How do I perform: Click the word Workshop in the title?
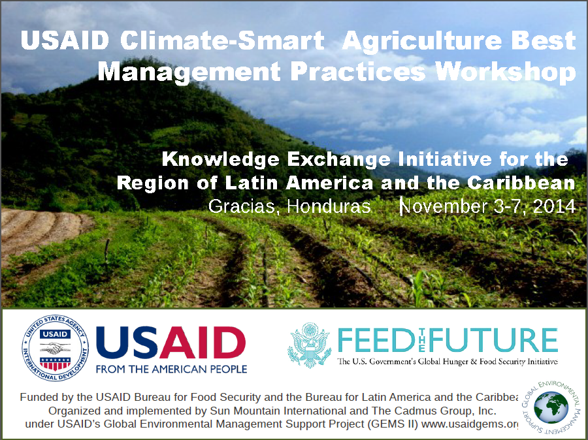pyautogui.click(x=505, y=72)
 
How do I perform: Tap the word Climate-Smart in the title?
pyautogui.click(x=222, y=40)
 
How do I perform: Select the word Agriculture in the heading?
pyautogui.click(x=422, y=41)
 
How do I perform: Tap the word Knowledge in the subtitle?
pyautogui.click(x=221, y=159)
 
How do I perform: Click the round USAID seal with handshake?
pyautogui.click(x=55, y=348)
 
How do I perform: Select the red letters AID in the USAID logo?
pyautogui.click(x=203, y=342)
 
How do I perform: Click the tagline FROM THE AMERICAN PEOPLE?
pyautogui.click(x=171, y=369)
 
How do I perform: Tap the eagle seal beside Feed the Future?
pyautogui.click(x=310, y=345)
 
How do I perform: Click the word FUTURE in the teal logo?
pyautogui.click(x=493, y=340)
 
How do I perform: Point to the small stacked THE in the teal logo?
pyautogui.click(x=421, y=340)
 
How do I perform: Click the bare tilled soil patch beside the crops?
pyautogui.click(x=41, y=228)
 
